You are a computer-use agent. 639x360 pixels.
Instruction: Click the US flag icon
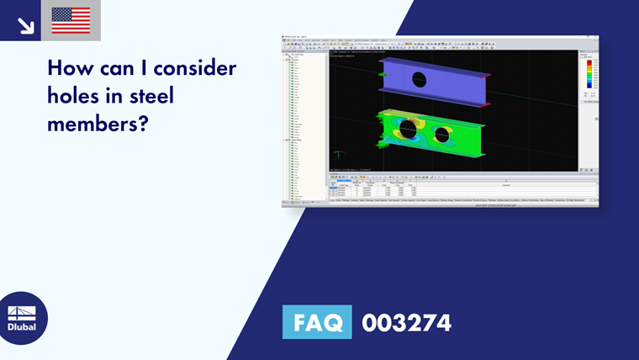[x=71, y=20]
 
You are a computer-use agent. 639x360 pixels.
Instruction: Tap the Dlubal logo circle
[x=22, y=318]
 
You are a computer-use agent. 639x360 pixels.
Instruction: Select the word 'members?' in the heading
[x=98, y=124]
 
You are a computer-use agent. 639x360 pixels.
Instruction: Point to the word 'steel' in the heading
[x=151, y=96]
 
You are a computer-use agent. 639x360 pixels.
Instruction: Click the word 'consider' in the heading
[x=190, y=67]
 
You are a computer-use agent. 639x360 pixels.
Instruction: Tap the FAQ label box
[x=316, y=322]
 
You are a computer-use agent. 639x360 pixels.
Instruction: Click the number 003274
[x=406, y=322]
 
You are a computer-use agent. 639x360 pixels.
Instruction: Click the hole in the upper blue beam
[x=419, y=80]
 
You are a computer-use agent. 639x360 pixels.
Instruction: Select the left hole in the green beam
[x=408, y=130]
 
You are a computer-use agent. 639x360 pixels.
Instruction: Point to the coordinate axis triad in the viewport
[x=338, y=154]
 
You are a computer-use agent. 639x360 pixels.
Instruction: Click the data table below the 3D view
[x=462, y=190]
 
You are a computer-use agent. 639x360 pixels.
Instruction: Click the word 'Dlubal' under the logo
[x=22, y=327]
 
